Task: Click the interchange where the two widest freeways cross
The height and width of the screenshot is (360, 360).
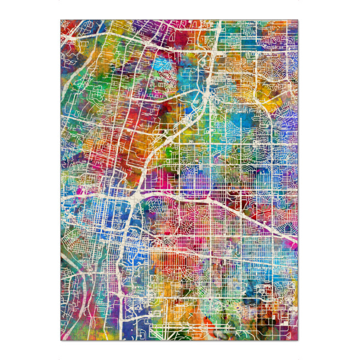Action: coord(134,197)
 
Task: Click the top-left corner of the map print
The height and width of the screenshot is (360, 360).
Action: coord(61,20)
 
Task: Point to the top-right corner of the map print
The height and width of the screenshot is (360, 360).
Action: coord(298,20)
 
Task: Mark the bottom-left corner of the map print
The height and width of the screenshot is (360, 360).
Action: coord(61,340)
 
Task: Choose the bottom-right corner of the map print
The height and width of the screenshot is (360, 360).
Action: coord(298,340)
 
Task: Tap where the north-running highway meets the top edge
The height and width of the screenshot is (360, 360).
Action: coord(219,22)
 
